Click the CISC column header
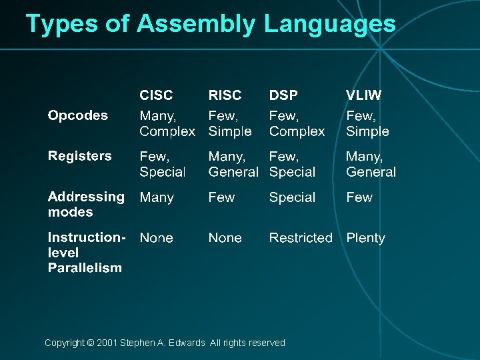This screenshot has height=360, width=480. pyautogui.click(x=156, y=95)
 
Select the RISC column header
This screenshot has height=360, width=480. pyautogui.click(x=225, y=95)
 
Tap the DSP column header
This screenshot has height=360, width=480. pyautogui.click(x=283, y=95)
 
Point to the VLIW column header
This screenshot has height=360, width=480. pyautogui.click(x=363, y=95)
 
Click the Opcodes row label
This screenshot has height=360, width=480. pyautogui.click(x=77, y=115)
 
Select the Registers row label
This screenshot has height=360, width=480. pyautogui.click(x=79, y=156)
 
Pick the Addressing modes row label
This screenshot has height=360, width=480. pyautogui.click(x=85, y=204)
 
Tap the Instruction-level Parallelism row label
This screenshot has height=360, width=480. pyautogui.click(x=86, y=253)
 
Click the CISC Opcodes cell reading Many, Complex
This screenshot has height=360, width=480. pyautogui.click(x=167, y=123)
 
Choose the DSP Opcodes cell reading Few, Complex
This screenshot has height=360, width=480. pyautogui.click(x=297, y=123)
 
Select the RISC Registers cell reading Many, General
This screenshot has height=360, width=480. pyautogui.click(x=233, y=164)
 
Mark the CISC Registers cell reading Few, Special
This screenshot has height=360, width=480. pyautogui.click(x=162, y=164)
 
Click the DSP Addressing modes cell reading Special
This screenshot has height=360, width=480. pyautogui.click(x=292, y=197)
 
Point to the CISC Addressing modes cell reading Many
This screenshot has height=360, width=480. pyautogui.click(x=157, y=197)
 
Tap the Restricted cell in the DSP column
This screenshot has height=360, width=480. pyautogui.click(x=301, y=238)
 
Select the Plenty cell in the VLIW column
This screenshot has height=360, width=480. pyautogui.click(x=365, y=238)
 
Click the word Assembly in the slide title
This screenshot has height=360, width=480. pyautogui.click(x=196, y=24)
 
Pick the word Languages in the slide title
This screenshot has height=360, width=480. pyautogui.click(x=329, y=24)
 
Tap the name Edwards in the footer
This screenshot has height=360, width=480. pyautogui.click(x=187, y=343)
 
